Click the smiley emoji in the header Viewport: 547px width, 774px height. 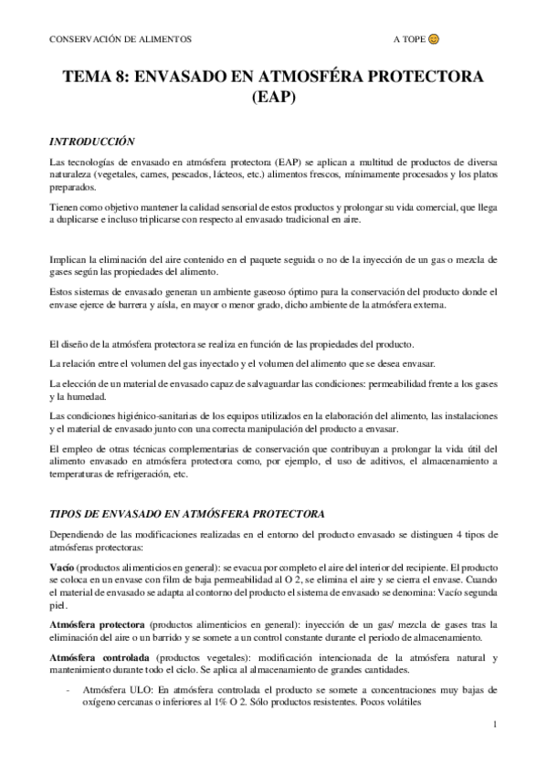click(x=435, y=40)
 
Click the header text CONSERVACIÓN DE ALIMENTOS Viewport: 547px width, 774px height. click(x=113, y=41)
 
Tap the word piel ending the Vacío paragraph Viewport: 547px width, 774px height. click(x=58, y=605)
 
